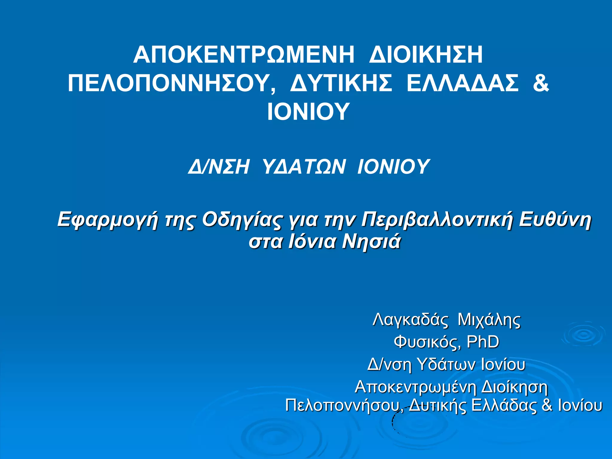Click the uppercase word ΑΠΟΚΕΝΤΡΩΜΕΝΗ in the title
tap(244, 55)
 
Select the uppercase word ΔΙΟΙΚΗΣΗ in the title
tap(426, 55)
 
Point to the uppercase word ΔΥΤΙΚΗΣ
tap(341, 83)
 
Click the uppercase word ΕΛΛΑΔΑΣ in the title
tap(463, 83)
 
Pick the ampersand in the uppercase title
tap(541, 83)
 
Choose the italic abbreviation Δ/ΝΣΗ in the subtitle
tap(218, 166)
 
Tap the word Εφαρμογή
tap(107, 220)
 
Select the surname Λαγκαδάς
tap(410, 320)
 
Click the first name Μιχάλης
tap(489, 320)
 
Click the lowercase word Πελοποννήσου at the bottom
tap(344, 406)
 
